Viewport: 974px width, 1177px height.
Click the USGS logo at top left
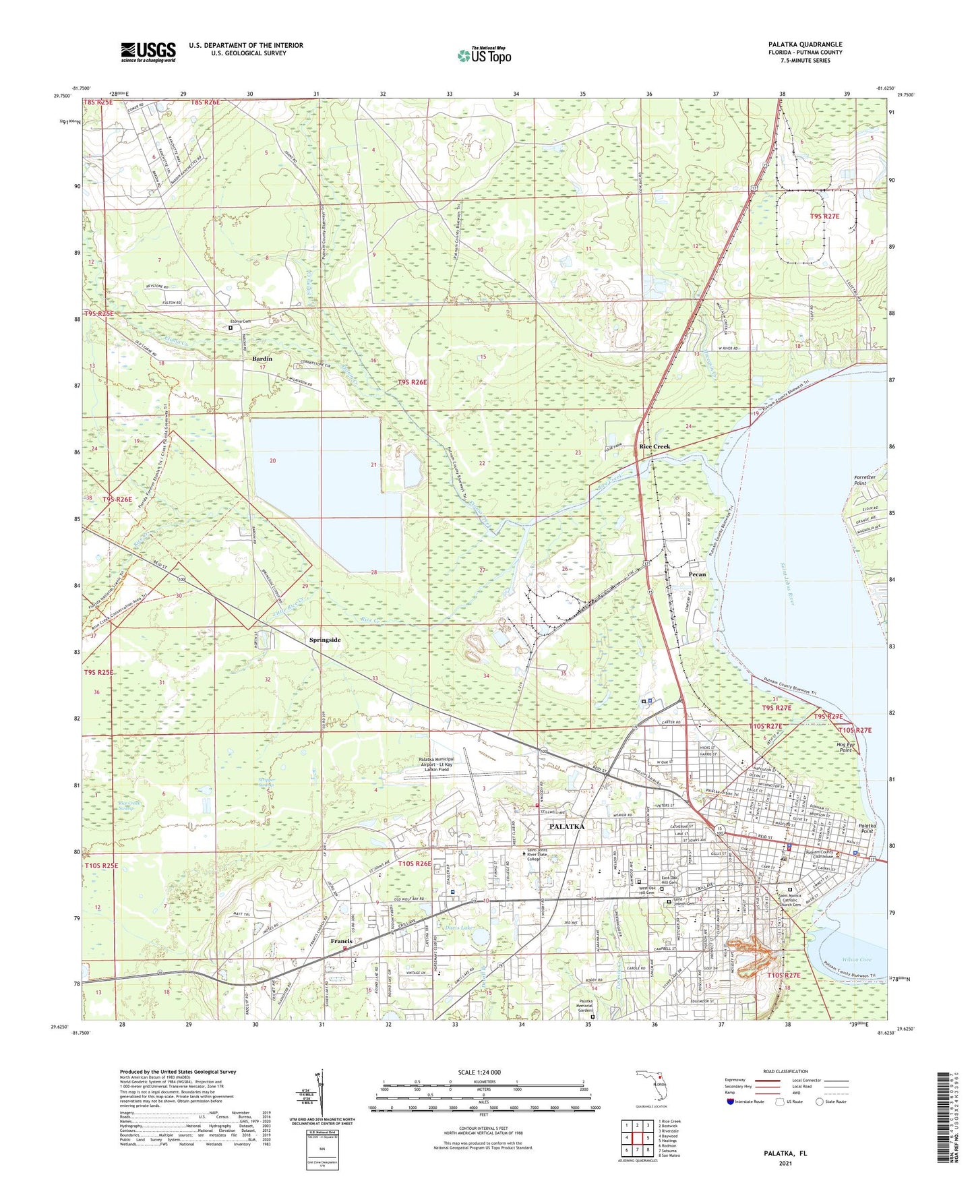click(x=148, y=52)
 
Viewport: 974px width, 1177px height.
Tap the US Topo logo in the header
click(x=483, y=55)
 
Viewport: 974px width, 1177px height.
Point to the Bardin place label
click(x=262, y=359)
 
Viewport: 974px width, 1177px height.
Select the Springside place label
click(x=330, y=640)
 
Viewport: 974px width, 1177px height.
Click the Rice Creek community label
click(x=655, y=447)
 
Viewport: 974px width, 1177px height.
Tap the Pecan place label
click(x=697, y=575)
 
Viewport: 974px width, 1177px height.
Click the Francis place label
click(x=342, y=941)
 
